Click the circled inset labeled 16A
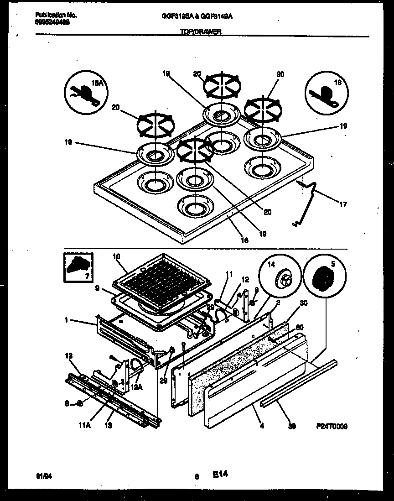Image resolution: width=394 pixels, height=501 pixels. tap(85, 93)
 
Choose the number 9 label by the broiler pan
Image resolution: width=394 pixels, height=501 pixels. tap(98, 288)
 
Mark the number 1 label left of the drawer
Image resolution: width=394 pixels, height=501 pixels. tap(67, 320)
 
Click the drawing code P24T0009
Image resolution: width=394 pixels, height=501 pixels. tap(332, 426)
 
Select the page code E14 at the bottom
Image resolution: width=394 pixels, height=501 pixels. tap(220, 475)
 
